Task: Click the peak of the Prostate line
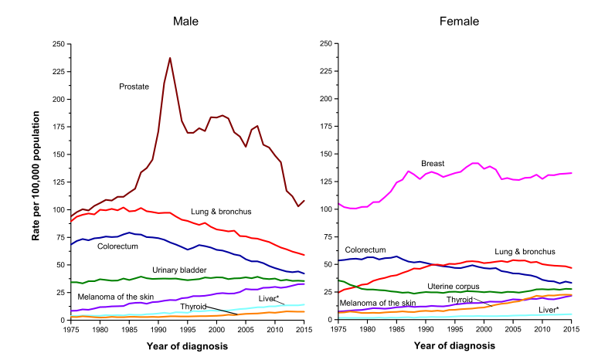[x=170, y=58]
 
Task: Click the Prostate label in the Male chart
[x=134, y=87]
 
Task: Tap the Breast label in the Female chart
[x=433, y=163]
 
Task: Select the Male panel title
[x=185, y=21]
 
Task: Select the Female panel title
[x=459, y=21]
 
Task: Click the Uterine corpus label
[x=454, y=287]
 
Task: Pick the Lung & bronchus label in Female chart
[x=525, y=252]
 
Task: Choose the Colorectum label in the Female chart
[x=365, y=250]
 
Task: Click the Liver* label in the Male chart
[x=271, y=297]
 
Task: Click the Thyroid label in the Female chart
[x=460, y=298]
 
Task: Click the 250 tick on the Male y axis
[x=59, y=44]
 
